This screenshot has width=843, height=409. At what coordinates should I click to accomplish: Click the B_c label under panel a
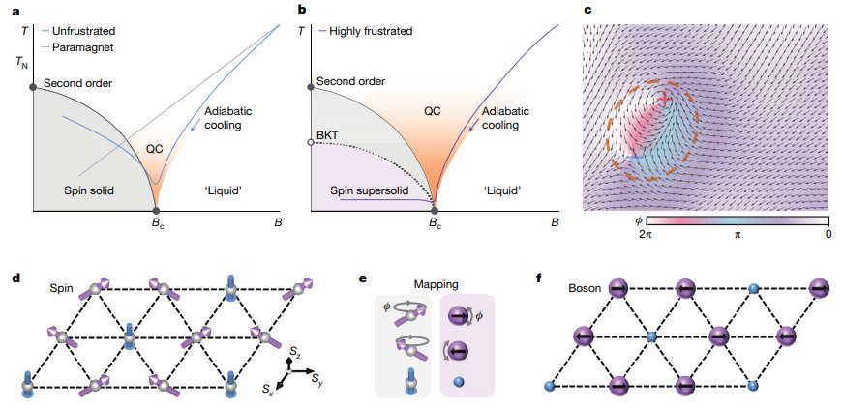pos(157,223)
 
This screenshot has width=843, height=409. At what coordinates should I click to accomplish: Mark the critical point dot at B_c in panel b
pos(435,210)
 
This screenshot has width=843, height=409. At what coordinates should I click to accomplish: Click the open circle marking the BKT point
pos(311,142)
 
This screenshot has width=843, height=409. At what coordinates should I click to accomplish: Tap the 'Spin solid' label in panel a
pos(88,190)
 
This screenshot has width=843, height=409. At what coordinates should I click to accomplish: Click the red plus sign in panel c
pos(665,100)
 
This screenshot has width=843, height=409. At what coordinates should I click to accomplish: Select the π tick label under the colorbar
pos(737,234)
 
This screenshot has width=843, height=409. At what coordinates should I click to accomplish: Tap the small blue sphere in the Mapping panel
pos(457,383)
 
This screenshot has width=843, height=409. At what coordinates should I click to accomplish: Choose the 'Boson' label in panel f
pos(583,289)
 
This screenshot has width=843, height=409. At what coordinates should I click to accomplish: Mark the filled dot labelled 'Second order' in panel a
pos(33,86)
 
